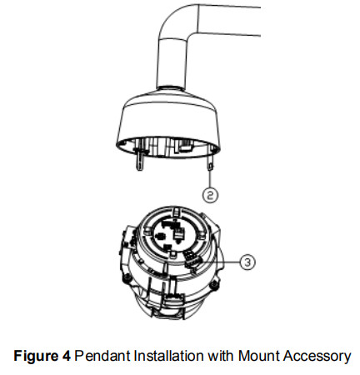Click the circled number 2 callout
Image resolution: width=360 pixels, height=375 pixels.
[x=210, y=195]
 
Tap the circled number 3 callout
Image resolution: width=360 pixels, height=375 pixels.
[x=247, y=262]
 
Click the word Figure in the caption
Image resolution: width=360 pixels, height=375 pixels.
[x=35, y=356]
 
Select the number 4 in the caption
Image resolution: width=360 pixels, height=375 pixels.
[x=66, y=356]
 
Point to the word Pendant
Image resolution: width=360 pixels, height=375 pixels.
[x=102, y=356]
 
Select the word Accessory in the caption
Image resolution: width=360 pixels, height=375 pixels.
[x=317, y=357]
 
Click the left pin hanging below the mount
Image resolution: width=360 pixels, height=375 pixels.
[x=140, y=160]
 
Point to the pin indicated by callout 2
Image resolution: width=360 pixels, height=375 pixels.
[x=210, y=164]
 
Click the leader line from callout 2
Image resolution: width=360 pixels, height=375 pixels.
[x=210, y=179]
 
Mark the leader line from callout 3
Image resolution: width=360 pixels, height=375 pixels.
[x=220, y=262]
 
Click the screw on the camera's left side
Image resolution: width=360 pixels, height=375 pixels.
[x=127, y=277]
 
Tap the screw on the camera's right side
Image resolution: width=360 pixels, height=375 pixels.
[x=214, y=284]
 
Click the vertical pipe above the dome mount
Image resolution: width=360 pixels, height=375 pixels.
[x=172, y=64]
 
